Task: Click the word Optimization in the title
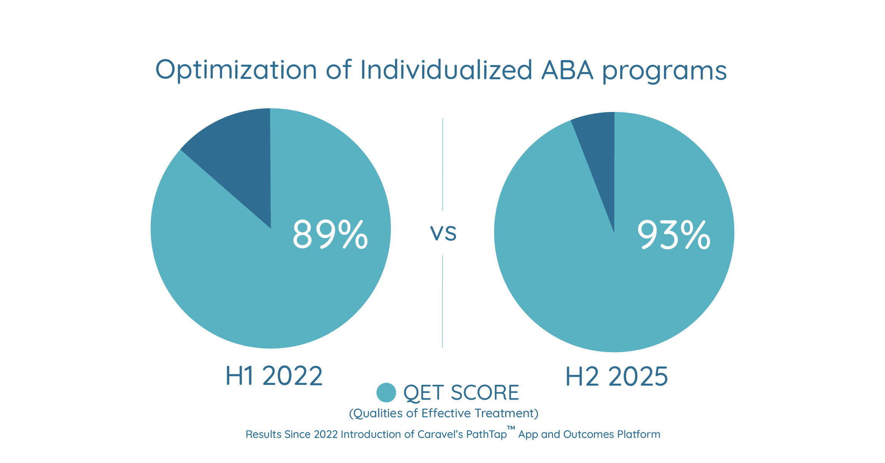pos(236,70)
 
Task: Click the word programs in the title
pos(664,72)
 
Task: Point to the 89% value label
pos(330,235)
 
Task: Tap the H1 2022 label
pos(274,376)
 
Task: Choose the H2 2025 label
pos(617,376)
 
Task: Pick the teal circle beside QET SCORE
pos(386,393)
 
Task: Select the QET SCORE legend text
pos(461,393)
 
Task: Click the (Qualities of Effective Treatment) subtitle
pos(443,413)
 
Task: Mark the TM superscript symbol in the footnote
pos(511,429)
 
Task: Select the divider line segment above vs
pos(443,164)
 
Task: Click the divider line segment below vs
pos(442,301)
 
